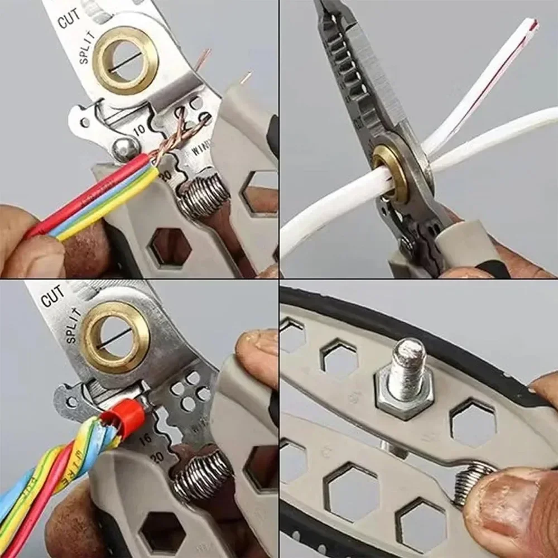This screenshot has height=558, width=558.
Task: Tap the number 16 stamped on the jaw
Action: [x=145, y=439]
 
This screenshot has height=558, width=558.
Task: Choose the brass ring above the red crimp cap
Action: [x=116, y=336]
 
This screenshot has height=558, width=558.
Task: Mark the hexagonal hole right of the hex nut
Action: [x=473, y=422]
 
